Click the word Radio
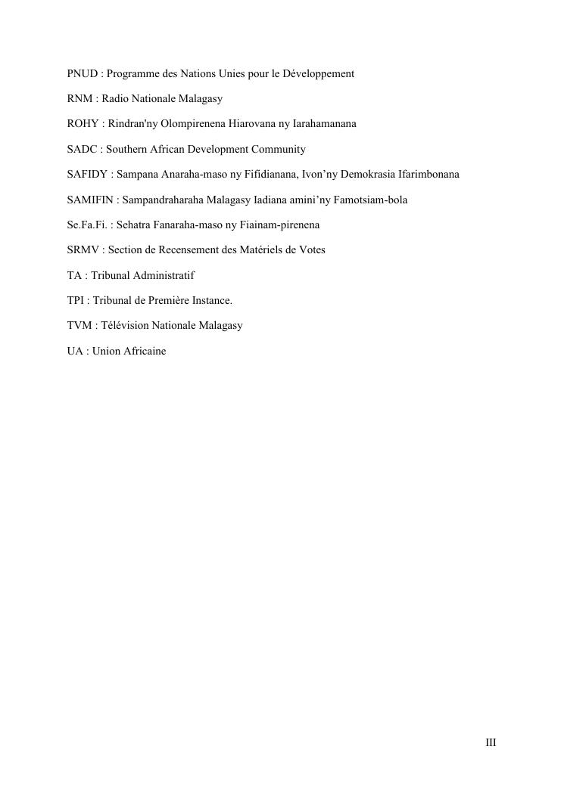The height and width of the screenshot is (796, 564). tap(115, 99)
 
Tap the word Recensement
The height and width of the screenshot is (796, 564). tap(178, 250)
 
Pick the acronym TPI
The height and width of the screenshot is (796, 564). tap(75, 301)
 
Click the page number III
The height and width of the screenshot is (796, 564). tap(491, 743)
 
